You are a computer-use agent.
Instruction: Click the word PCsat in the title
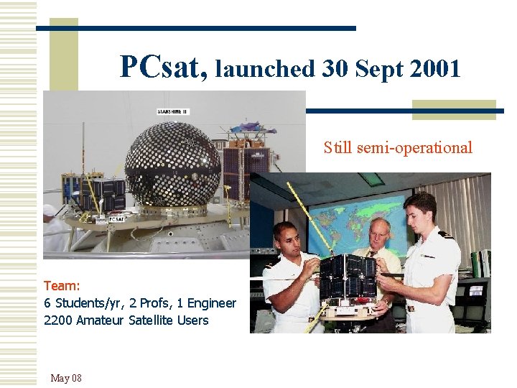(164, 68)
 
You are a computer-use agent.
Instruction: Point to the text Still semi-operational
(398, 148)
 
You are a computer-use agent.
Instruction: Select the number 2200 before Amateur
(58, 320)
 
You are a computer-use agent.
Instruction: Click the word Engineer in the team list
(210, 303)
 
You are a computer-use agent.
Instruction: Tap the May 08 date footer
(66, 378)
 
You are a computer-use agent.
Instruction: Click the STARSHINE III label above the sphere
(173, 111)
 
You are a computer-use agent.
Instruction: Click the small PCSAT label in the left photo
(116, 218)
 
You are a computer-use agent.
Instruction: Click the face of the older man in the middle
(378, 234)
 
